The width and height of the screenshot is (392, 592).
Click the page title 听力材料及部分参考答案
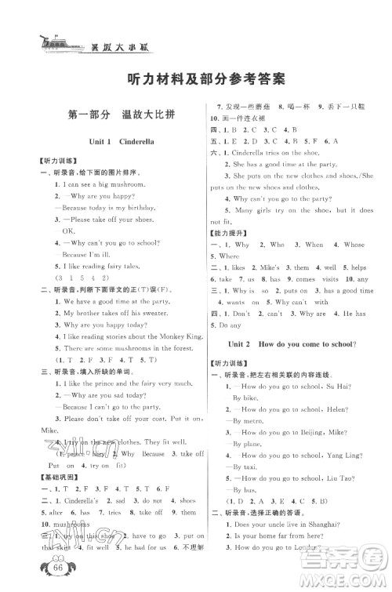click(x=196, y=79)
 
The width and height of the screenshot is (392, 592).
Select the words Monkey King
click(x=171, y=336)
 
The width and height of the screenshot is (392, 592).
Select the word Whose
click(x=354, y=245)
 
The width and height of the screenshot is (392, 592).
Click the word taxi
click(x=242, y=466)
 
